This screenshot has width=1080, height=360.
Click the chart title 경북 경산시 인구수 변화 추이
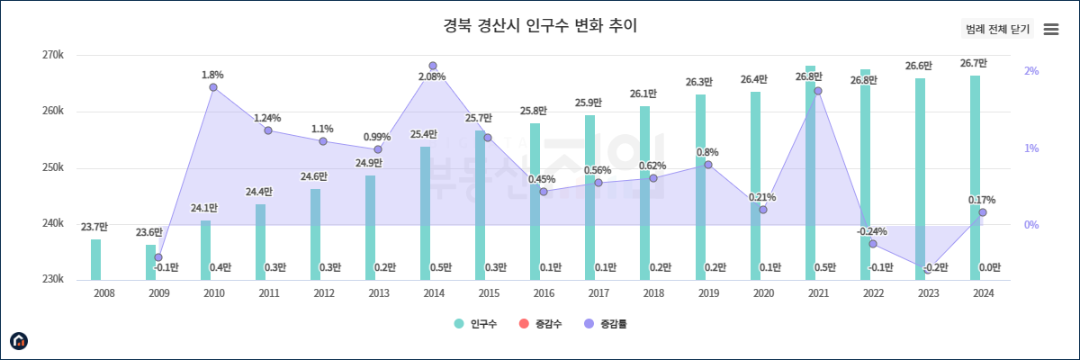[x=540, y=25]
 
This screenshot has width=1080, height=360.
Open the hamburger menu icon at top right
[x=1050, y=30]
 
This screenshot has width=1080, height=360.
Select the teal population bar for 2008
[x=96, y=259]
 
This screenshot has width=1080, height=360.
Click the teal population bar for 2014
[x=426, y=213]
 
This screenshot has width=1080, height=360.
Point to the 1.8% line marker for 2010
[x=213, y=87]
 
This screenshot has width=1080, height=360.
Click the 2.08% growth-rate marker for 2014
[x=433, y=67]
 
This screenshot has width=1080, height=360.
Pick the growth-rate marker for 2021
[x=818, y=91]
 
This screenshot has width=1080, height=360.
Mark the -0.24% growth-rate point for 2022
[x=873, y=244]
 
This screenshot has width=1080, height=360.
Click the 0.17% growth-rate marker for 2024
[x=983, y=212]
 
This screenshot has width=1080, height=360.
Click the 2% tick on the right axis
[x=1031, y=71]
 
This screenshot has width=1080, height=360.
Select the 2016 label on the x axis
[x=544, y=293]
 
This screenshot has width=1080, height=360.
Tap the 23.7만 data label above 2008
[x=94, y=227]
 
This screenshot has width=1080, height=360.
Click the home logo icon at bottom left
[x=19, y=340]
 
